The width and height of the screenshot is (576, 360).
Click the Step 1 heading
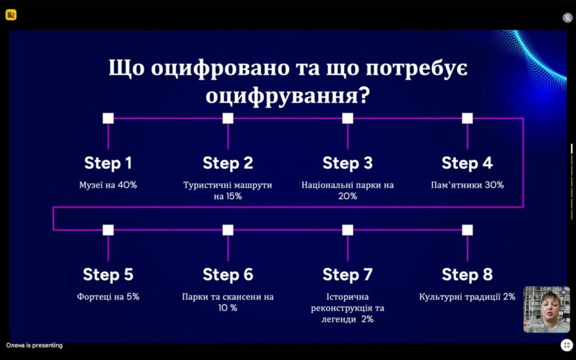click(108, 163)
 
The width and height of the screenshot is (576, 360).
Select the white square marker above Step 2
click(228, 118)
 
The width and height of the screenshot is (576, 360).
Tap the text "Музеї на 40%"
click(107, 185)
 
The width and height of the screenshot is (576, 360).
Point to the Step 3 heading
click(348, 163)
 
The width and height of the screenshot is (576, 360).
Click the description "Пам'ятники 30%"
click(467, 185)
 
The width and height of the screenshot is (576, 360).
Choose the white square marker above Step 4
click(467, 118)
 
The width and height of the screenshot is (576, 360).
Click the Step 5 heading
click(108, 274)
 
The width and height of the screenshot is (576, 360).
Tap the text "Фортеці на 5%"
click(108, 296)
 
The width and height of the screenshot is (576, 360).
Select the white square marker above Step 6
click(228, 229)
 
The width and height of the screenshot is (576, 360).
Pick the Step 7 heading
click(348, 274)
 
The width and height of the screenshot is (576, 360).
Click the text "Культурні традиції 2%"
click(467, 296)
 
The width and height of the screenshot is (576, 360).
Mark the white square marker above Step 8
click(467, 229)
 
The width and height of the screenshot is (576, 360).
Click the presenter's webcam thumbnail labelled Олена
click(546, 309)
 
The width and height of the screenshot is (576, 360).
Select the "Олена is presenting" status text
click(34, 345)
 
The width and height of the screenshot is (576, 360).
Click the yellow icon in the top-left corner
click(11, 15)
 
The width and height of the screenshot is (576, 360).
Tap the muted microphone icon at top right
click(567, 17)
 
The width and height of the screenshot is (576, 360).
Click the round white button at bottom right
click(566, 345)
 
